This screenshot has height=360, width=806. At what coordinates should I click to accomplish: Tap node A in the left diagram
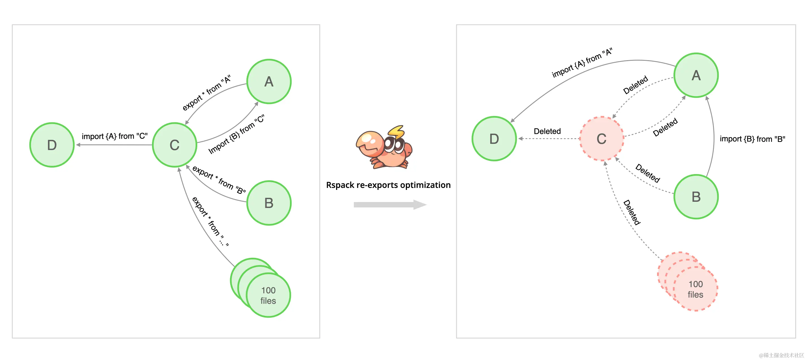(x=269, y=82)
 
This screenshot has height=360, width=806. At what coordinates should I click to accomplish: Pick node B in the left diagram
(x=269, y=203)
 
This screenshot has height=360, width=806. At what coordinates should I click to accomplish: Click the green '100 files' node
(x=268, y=295)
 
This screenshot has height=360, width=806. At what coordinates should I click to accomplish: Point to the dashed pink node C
(x=601, y=139)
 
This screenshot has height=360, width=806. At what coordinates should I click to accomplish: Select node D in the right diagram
(x=494, y=139)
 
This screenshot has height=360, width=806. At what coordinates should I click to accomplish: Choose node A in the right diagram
(x=696, y=75)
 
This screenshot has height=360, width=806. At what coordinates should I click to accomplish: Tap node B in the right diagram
(x=696, y=197)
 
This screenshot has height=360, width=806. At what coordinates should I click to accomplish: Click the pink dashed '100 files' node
(x=695, y=289)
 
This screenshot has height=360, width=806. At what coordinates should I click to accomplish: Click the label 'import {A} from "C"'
(x=114, y=136)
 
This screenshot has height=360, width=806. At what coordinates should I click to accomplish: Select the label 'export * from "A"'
(x=207, y=93)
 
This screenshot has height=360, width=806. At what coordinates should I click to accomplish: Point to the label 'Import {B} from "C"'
(x=237, y=134)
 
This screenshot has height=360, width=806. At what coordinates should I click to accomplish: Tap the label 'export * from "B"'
(x=219, y=179)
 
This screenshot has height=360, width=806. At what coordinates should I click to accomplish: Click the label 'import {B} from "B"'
(x=752, y=139)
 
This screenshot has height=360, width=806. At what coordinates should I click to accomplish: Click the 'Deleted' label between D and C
(x=547, y=131)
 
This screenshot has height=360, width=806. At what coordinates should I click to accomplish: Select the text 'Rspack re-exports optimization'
(x=388, y=185)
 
